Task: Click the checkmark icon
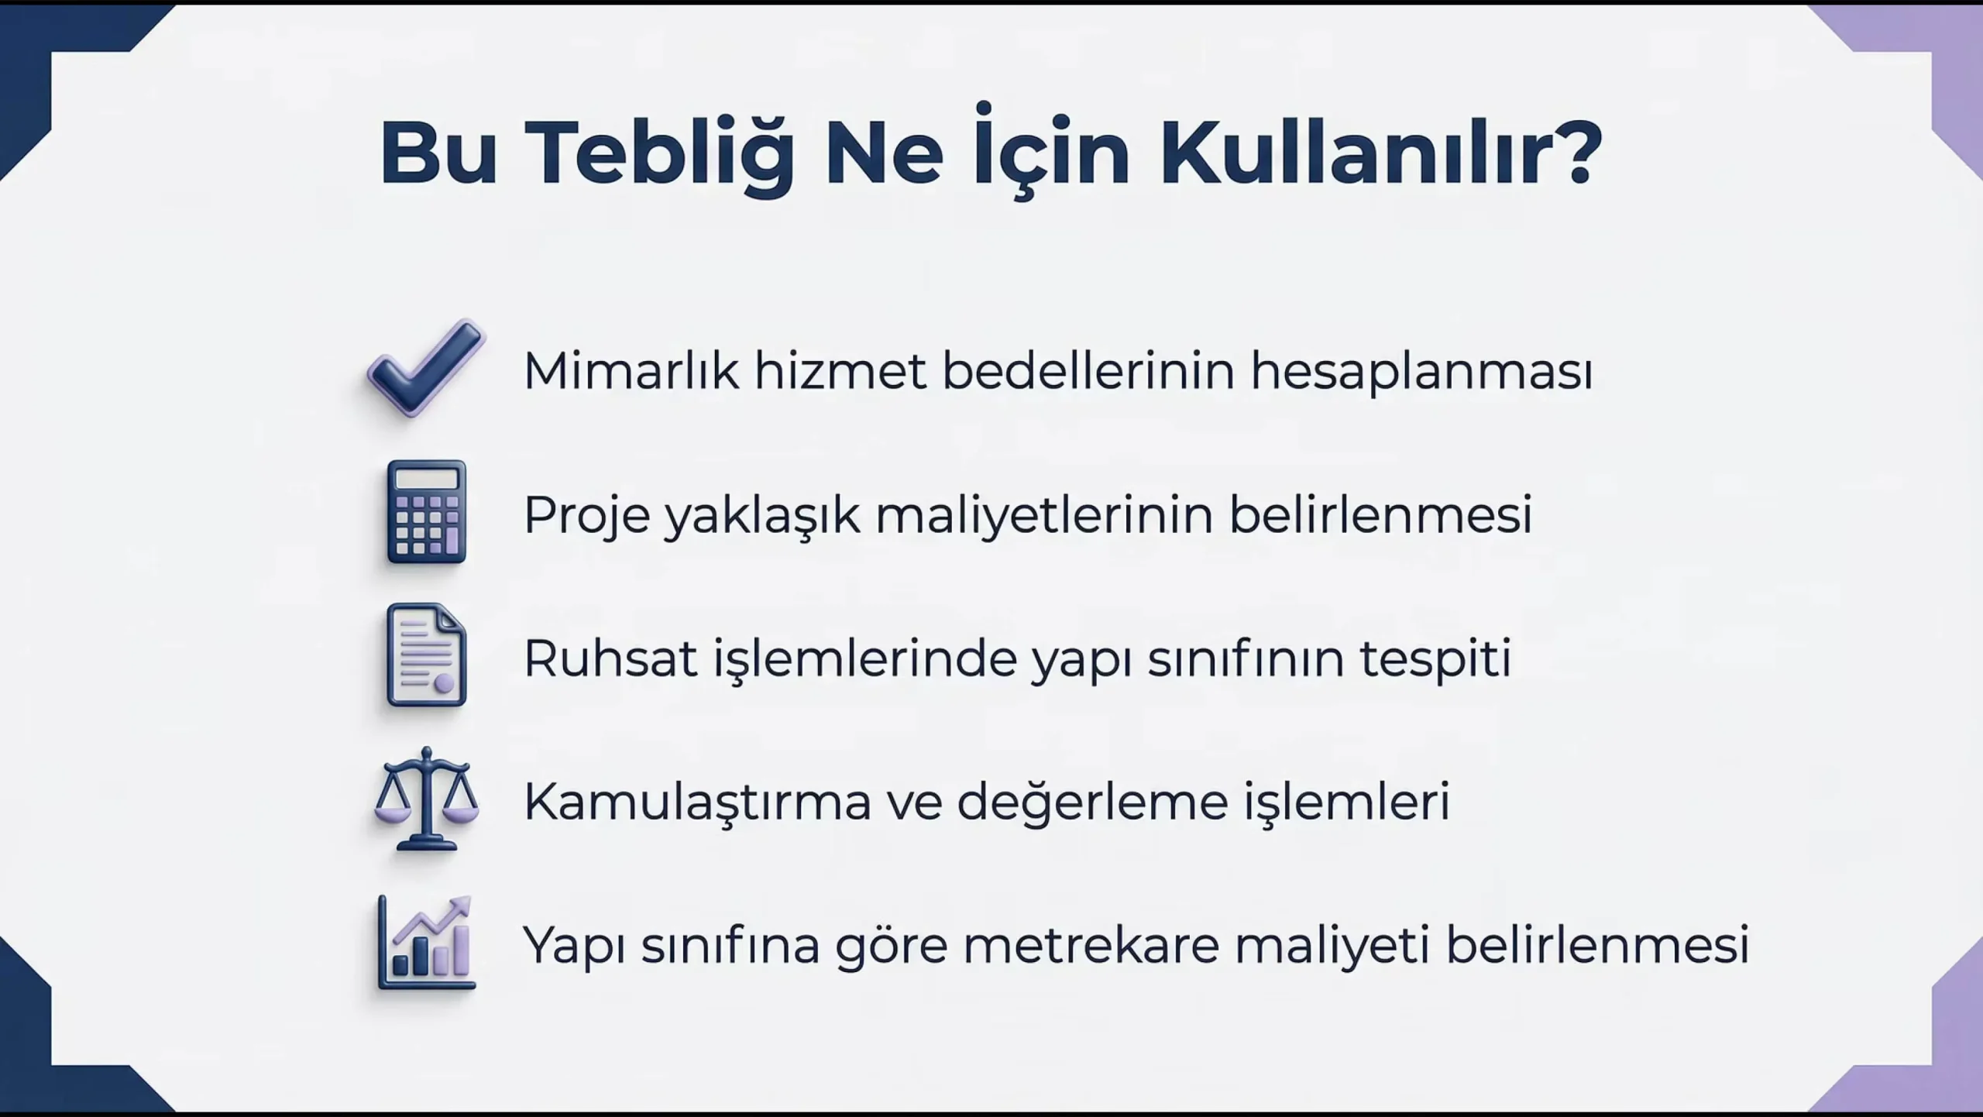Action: (x=426, y=368)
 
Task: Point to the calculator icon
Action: (x=427, y=511)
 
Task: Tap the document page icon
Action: (x=427, y=655)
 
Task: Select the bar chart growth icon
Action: (x=426, y=942)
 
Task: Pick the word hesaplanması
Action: (x=1421, y=372)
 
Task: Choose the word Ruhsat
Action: (x=610, y=658)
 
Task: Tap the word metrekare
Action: (x=1091, y=945)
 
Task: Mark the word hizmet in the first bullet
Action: (x=840, y=370)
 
